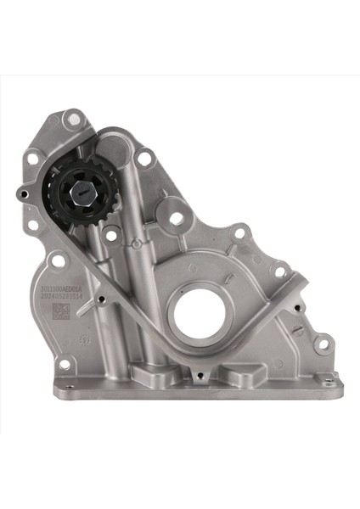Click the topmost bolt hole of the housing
click(x=75, y=121)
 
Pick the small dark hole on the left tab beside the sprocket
click(x=22, y=195)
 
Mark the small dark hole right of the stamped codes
click(x=102, y=299)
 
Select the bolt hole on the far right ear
click(x=323, y=345)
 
